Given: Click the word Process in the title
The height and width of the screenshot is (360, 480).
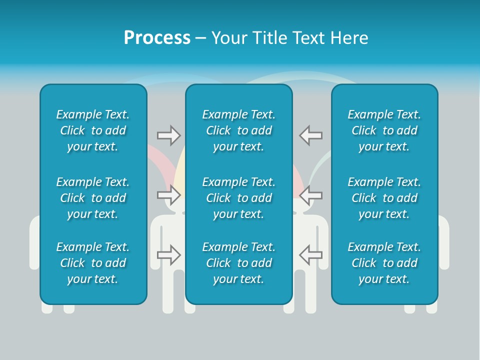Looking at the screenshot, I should (x=157, y=38).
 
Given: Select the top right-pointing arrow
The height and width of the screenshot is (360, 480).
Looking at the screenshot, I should (x=168, y=135).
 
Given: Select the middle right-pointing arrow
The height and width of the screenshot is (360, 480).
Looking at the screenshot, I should (x=168, y=194).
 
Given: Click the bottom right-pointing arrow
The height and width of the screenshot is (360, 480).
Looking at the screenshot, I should (x=168, y=254).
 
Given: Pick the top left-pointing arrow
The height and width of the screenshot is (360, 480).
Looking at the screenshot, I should (x=311, y=135).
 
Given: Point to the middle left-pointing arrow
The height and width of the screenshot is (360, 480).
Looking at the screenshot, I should (x=311, y=194).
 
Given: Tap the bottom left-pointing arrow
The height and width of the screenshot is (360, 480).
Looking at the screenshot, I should (x=311, y=254).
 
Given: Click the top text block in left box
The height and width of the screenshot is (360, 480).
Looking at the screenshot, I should (x=93, y=130).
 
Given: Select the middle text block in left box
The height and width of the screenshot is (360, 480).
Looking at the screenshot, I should (x=93, y=198).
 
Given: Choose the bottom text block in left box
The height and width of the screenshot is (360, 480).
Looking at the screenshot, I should (x=93, y=263).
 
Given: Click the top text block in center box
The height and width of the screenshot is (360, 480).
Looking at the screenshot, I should (x=238, y=130).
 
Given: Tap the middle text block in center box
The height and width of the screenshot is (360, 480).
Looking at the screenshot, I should (x=238, y=198).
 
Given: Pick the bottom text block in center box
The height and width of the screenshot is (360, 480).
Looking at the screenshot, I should (x=238, y=263).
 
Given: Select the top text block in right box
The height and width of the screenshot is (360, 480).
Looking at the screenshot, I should (x=384, y=130).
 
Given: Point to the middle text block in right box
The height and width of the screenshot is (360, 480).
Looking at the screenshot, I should (x=384, y=198).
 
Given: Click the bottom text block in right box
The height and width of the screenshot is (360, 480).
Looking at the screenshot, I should (x=384, y=263).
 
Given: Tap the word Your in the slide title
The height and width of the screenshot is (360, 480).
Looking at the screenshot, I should (x=228, y=38).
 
